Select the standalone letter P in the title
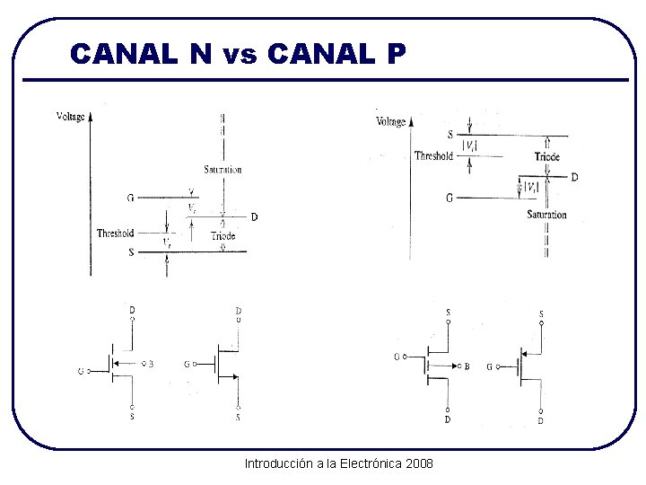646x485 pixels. (x=396, y=54)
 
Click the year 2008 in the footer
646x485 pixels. (x=419, y=463)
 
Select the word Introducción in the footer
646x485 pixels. (x=278, y=463)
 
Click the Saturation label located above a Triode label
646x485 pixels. (x=223, y=170)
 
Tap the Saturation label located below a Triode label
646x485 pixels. (x=546, y=215)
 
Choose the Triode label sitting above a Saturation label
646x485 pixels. (x=546, y=156)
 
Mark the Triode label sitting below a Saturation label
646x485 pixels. (x=223, y=236)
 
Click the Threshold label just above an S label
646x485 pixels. (x=116, y=234)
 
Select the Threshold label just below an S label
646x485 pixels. (x=433, y=155)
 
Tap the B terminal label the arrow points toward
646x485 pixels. (x=151, y=364)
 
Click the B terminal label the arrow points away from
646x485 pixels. (x=467, y=366)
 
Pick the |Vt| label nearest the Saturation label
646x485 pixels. (x=532, y=188)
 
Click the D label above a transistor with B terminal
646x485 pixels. (x=132, y=310)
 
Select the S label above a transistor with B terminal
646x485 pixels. (x=448, y=313)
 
